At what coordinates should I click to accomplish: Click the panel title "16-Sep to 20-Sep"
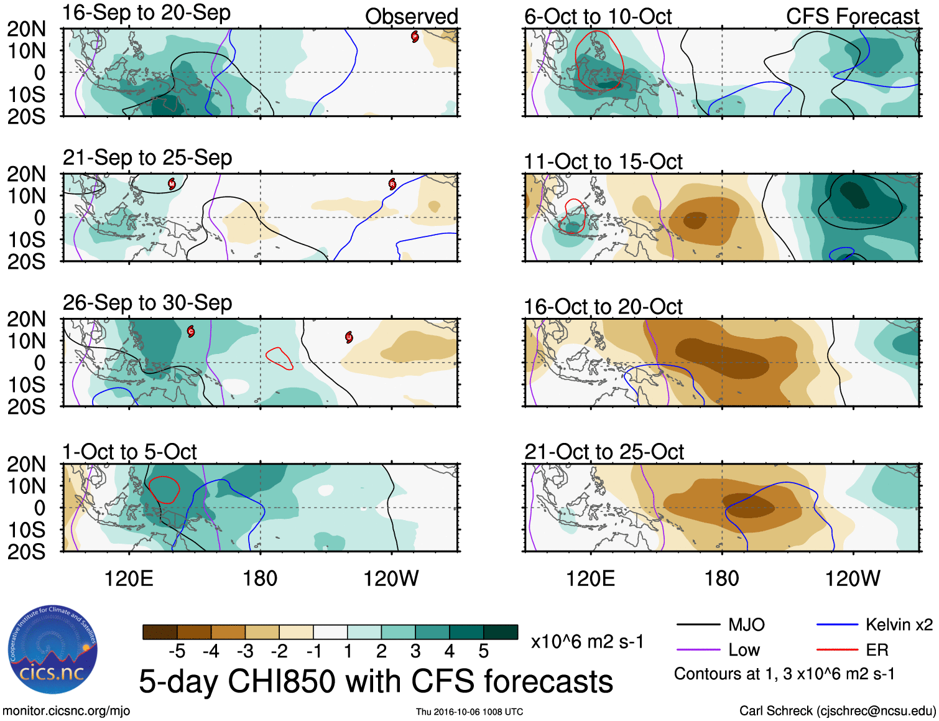(147, 12)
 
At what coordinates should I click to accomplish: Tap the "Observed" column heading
(411, 17)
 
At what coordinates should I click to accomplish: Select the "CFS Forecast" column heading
(852, 17)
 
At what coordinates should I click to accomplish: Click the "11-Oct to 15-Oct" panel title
(603, 162)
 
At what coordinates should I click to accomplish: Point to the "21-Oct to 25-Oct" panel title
(604, 452)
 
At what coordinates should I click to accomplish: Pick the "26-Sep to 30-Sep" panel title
(147, 303)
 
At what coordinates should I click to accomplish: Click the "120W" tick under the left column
(391, 579)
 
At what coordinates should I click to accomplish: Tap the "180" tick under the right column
(721, 579)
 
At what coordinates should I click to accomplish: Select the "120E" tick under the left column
(129, 579)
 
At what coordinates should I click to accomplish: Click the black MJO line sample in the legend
(698, 625)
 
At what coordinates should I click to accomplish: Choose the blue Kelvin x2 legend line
(837, 625)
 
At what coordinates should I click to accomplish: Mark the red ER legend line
(837, 650)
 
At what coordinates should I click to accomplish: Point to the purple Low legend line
(698, 650)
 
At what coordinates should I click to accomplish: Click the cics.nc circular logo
(52, 650)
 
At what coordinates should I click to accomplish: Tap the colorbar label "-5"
(177, 651)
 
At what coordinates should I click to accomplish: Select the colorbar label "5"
(483, 651)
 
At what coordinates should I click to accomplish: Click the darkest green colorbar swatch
(501, 632)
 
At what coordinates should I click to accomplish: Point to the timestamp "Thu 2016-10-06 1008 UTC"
(470, 712)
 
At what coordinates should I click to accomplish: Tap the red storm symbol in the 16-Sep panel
(415, 37)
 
